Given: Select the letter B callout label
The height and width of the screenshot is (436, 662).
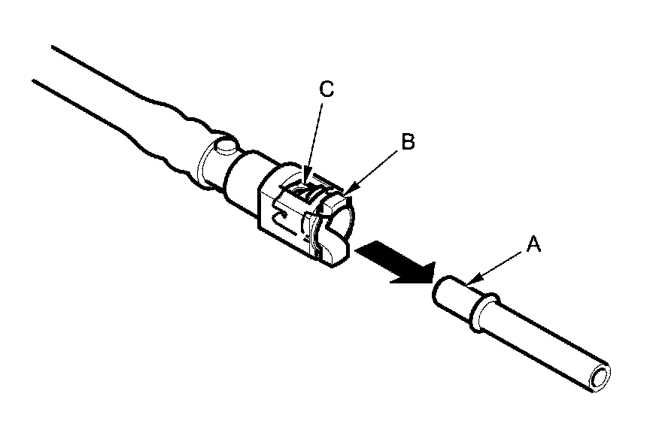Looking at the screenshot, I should click(x=407, y=142).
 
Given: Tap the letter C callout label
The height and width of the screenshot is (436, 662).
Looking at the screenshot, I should click(x=325, y=89).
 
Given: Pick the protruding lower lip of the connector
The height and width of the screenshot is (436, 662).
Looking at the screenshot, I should click(x=335, y=252).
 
